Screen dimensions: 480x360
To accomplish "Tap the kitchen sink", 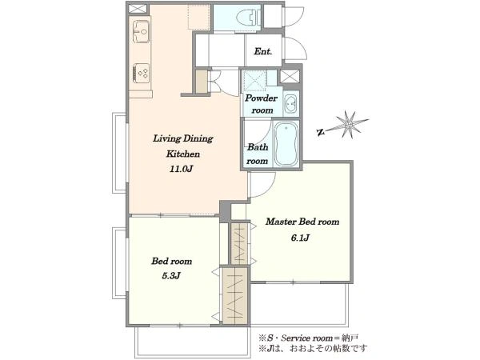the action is [141, 31].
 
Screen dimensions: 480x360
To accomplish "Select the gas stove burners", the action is [142, 73].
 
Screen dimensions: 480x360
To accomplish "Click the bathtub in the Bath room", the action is [286, 143].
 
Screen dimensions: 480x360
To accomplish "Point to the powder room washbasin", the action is [290, 103].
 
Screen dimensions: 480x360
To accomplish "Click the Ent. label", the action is [263, 51].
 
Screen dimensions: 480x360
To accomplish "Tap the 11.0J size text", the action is [182, 169].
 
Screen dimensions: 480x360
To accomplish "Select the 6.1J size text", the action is [300, 238].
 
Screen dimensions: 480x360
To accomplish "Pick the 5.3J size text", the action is [171, 276].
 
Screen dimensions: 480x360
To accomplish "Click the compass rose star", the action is [349, 124].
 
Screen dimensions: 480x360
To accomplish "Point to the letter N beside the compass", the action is [321, 132].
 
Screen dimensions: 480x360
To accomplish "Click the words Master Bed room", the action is [302, 222].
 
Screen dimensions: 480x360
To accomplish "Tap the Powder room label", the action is [261, 104].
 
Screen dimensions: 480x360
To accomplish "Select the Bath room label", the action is [258, 154].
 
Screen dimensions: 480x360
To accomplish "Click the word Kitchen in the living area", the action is [183, 154].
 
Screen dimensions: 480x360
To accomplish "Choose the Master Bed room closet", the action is [239, 244].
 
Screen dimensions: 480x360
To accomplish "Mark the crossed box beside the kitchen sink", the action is [138, 8].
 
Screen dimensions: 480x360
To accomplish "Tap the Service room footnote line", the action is [309, 338].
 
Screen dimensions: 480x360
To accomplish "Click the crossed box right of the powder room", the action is [290, 77].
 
